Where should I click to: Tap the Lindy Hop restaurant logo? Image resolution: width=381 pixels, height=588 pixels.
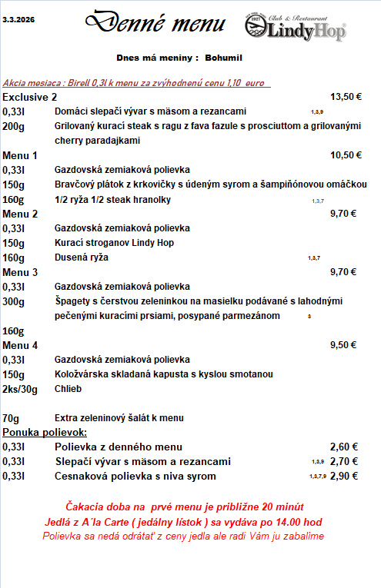[x=295, y=27]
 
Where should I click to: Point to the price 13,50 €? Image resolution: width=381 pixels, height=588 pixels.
[x=346, y=97]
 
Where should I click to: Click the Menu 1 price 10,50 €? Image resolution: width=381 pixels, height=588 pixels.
[x=346, y=155]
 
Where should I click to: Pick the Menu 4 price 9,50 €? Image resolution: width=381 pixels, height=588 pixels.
[x=343, y=345]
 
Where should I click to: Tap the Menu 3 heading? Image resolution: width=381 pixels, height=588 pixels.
[x=20, y=272]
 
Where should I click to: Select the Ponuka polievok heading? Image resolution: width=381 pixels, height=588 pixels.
[x=45, y=433]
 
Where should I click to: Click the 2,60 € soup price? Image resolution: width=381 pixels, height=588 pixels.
[x=343, y=447]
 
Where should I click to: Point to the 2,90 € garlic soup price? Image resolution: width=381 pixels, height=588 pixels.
[x=343, y=477]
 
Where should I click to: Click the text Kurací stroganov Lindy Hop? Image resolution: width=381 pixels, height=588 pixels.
[x=115, y=243]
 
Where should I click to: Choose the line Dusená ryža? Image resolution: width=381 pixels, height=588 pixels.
[x=82, y=257]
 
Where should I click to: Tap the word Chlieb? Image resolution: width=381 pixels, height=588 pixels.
[x=69, y=388]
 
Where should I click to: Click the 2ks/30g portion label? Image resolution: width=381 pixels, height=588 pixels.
[x=20, y=388]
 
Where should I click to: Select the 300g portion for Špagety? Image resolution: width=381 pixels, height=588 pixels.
[x=14, y=301]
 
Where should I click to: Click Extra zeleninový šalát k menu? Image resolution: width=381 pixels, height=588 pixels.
[x=119, y=418]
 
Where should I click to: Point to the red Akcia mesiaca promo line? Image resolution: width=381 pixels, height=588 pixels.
[x=137, y=82]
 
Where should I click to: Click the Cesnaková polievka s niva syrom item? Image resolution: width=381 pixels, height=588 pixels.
[x=135, y=477]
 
